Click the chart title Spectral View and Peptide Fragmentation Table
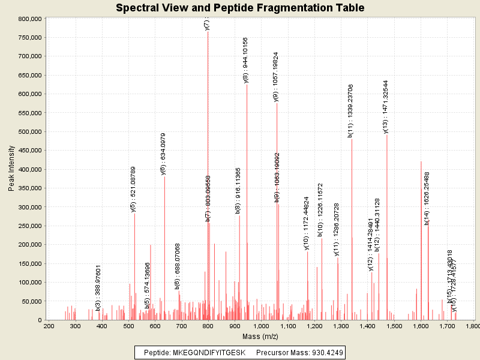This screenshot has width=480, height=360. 240,8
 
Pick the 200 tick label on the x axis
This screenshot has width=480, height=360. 49,326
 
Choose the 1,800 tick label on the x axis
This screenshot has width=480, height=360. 472,326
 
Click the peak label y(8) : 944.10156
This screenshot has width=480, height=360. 245,60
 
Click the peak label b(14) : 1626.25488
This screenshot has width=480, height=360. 427,199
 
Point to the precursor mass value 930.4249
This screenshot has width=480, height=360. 325,352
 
